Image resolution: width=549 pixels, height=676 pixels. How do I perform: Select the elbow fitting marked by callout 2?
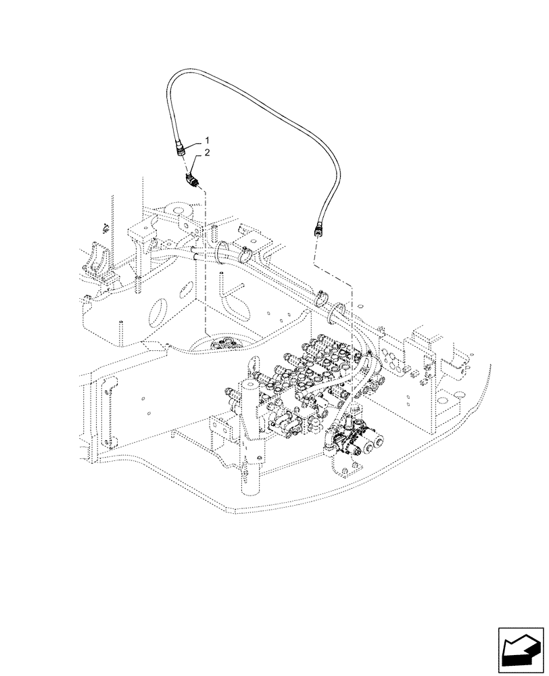coord(191,180)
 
